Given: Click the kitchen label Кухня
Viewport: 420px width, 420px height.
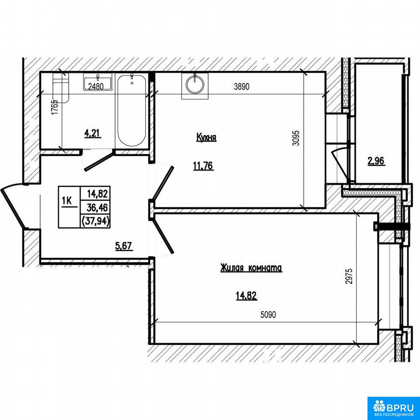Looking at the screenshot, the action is tap(206, 138).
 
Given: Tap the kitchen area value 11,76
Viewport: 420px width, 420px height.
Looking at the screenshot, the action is tap(203, 166).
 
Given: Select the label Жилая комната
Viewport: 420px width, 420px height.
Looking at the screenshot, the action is tap(251, 268).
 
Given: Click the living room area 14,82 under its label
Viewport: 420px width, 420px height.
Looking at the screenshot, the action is tap(246, 296).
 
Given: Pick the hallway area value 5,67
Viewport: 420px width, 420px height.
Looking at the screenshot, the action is tap(124, 246).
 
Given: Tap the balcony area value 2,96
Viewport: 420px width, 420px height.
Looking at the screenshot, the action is tap(376, 161).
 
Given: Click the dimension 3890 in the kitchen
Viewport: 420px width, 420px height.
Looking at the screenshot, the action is tap(241, 87).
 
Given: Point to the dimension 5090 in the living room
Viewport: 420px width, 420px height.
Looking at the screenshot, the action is tap(268, 315).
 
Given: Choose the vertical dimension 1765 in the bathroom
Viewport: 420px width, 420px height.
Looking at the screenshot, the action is tap(55, 108).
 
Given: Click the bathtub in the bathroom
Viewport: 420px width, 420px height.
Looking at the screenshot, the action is tap(132, 111).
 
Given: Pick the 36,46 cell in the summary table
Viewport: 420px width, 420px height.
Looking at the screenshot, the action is tap(96, 207).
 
